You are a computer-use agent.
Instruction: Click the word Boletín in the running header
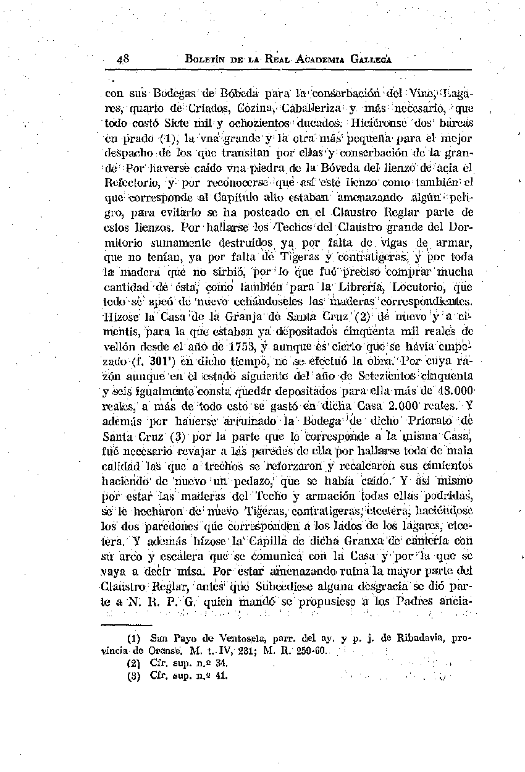pos(206,60)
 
